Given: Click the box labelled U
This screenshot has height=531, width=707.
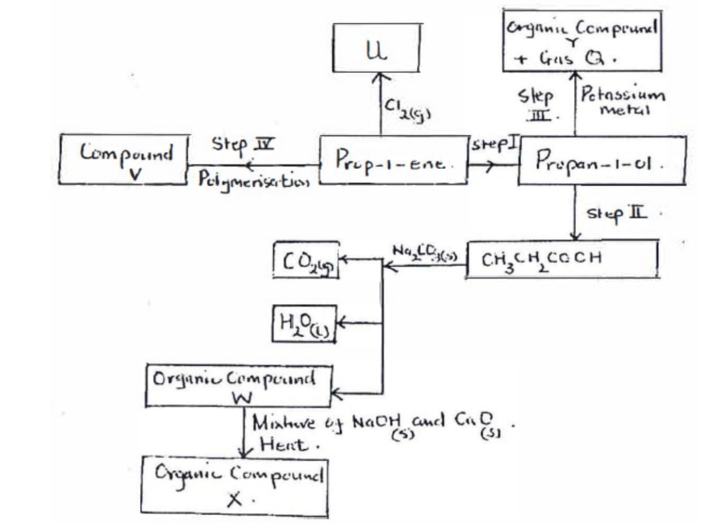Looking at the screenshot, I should pyautogui.click(x=376, y=49).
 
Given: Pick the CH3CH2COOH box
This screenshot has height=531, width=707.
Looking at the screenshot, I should pyautogui.click(x=562, y=260).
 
